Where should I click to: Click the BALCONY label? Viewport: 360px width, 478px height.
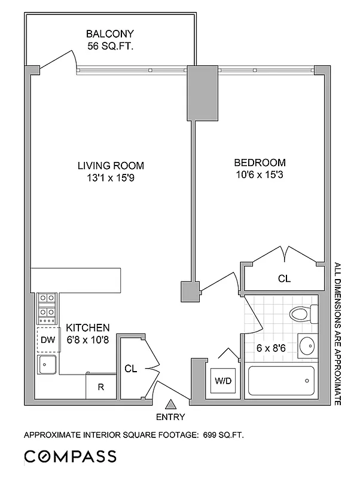point(109,33)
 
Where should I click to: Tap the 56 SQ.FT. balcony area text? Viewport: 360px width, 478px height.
point(109,44)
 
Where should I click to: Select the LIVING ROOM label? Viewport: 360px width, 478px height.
point(111,166)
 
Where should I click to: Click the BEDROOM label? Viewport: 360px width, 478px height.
point(260,163)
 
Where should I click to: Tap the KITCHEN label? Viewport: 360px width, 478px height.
point(87,327)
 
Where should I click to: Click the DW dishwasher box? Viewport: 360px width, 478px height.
point(47,340)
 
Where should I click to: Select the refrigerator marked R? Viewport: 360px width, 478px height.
point(101,387)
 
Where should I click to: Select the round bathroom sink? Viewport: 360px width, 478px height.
point(307,345)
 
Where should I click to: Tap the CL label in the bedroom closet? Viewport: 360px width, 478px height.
point(285,278)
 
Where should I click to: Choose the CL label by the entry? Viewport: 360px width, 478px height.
point(131,369)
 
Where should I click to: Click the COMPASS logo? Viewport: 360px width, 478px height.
point(70,457)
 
